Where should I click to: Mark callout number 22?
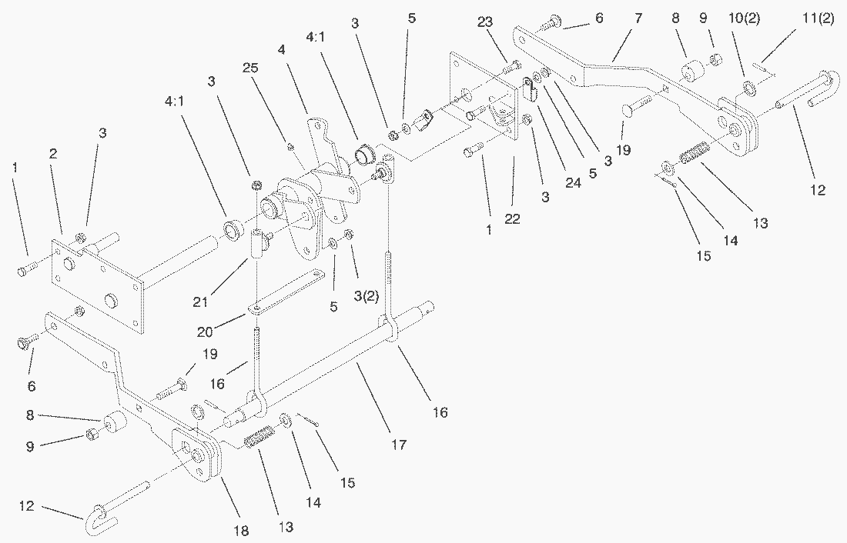click(x=512, y=219)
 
